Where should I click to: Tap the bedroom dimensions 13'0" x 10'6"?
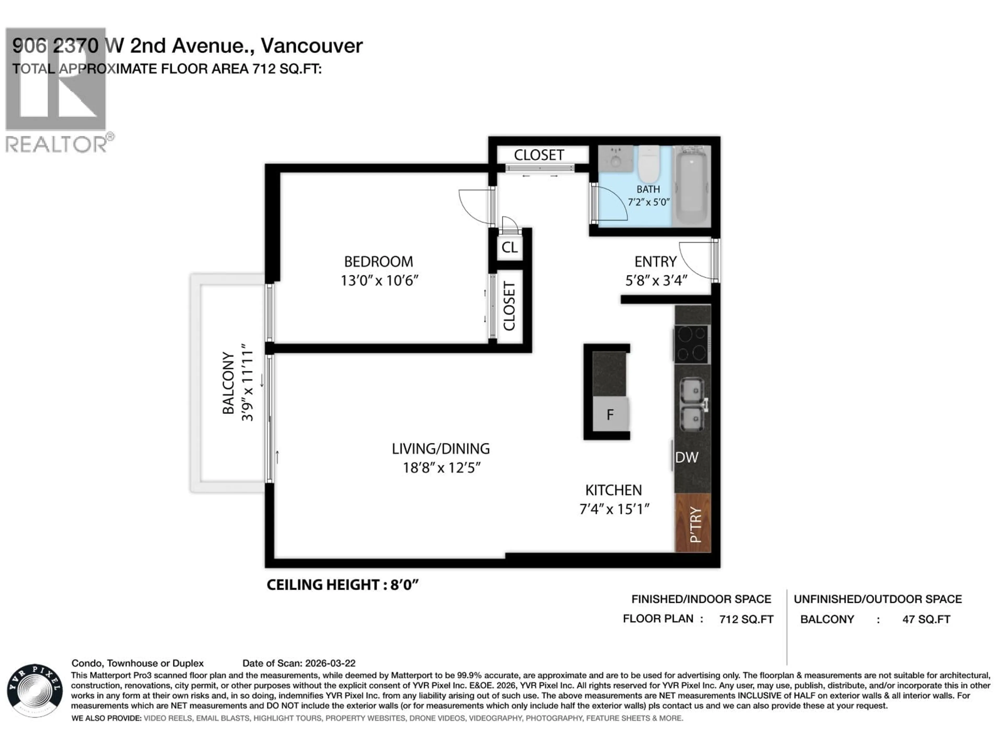pyautogui.click(x=379, y=281)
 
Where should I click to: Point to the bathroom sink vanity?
pyautogui.click(x=615, y=159)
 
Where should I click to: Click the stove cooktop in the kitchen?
pyautogui.click(x=691, y=344)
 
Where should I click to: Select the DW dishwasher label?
pyautogui.click(x=686, y=458)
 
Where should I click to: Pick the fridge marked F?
pyautogui.click(x=610, y=414)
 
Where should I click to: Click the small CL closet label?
pyautogui.click(x=510, y=248)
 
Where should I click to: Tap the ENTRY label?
pyautogui.click(x=655, y=262)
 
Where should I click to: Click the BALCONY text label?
pyautogui.click(x=228, y=383)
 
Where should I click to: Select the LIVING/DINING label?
pyautogui.click(x=440, y=449)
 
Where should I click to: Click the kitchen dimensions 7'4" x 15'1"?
pyautogui.click(x=614, y=509)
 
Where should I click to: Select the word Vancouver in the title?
pyautogui.click(x=312, y=46)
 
